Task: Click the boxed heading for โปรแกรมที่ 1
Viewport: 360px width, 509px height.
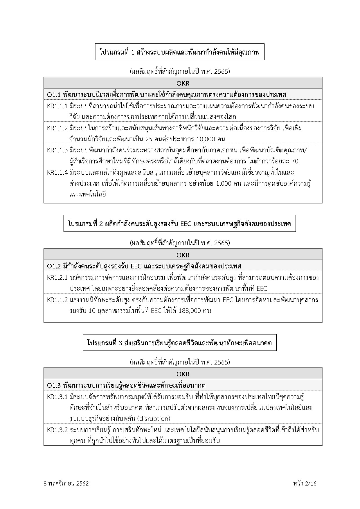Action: click(x=179, y=52)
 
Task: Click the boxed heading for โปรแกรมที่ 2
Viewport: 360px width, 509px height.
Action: click(x=179, y=223)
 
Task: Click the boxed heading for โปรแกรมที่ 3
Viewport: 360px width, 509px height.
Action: click(x=179, y=343)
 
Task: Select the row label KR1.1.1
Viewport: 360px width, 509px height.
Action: click(x=57, y=106)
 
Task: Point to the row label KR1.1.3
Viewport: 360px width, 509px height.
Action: click(x=57, y=150)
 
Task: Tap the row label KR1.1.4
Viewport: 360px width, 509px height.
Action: click(x=57, y=172)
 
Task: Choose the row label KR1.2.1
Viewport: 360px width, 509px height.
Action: click(x=57, y=277)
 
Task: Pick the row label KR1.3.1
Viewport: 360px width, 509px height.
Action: click(x=57, y=396)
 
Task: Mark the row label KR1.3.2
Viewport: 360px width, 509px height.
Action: click(x=57, y=430)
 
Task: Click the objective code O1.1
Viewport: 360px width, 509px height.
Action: click(x=53, y=95)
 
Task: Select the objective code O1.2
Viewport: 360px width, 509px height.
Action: click(x=53, y=266)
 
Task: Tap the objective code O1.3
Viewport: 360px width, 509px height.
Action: click(x=53, y=385)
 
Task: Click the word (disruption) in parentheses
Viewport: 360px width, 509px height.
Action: click(x=153, y=418)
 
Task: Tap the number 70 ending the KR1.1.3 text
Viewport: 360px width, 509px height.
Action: click(x=295, y=161)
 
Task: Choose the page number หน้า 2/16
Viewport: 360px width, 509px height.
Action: click(x=305, y=483)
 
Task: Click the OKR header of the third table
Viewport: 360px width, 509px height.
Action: click(x=183, y=374)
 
